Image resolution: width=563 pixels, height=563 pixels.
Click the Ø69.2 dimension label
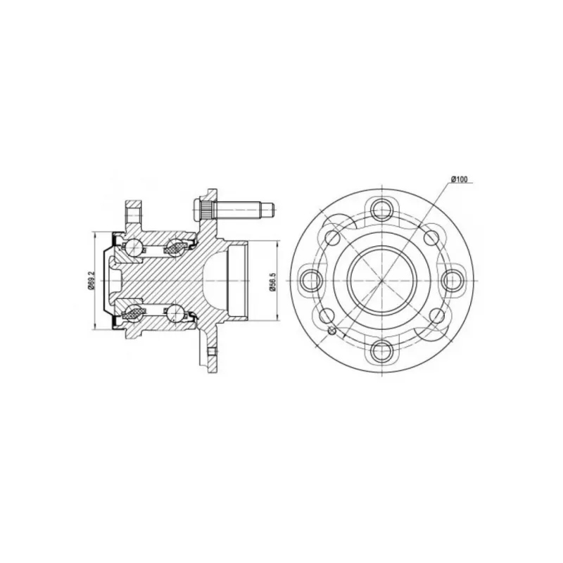click(91, 280)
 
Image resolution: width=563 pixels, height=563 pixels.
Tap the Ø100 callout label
click(460, 179)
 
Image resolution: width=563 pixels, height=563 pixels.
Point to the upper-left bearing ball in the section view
click(134, 245)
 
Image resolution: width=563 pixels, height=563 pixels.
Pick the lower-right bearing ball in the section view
click(175, 311)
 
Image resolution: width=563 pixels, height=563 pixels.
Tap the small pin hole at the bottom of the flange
click(213, 351)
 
